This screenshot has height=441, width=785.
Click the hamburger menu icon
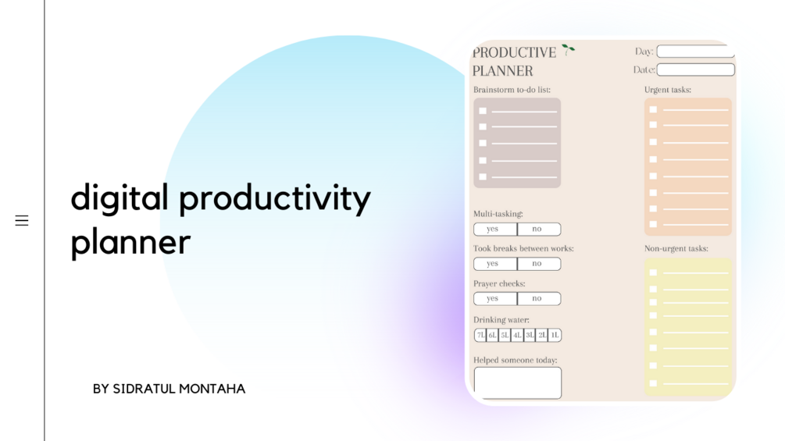(x=22, y=221)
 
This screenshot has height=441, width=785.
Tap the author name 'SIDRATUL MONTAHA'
(x=179, y=389)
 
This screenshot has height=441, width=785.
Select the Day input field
(x=694, y=52)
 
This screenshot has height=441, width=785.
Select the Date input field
(x=694, y=70)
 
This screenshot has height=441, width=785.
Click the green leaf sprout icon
(x=568, y=50)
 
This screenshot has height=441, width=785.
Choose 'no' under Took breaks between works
(x=537, y=264)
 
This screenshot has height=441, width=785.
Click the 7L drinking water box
(x=480, y=336)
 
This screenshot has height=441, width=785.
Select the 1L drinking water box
(x=555, y=336)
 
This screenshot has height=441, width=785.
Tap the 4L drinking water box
(x=517, y=336)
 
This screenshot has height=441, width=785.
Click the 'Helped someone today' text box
(x=517, y=382)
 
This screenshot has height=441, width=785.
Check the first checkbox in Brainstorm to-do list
(x=483, y=111)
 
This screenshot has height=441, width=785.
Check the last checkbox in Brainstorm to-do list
(x=483, y=177)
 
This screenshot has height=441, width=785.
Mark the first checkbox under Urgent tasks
(x=653, y=110)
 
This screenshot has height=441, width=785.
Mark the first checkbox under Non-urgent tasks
(x=653, y=272)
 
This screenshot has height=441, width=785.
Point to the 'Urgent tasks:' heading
(x=667, y=90)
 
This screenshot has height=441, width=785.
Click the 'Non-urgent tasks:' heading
(x=676, y=249)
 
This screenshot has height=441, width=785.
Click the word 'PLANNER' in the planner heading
(x=502, y=71)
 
